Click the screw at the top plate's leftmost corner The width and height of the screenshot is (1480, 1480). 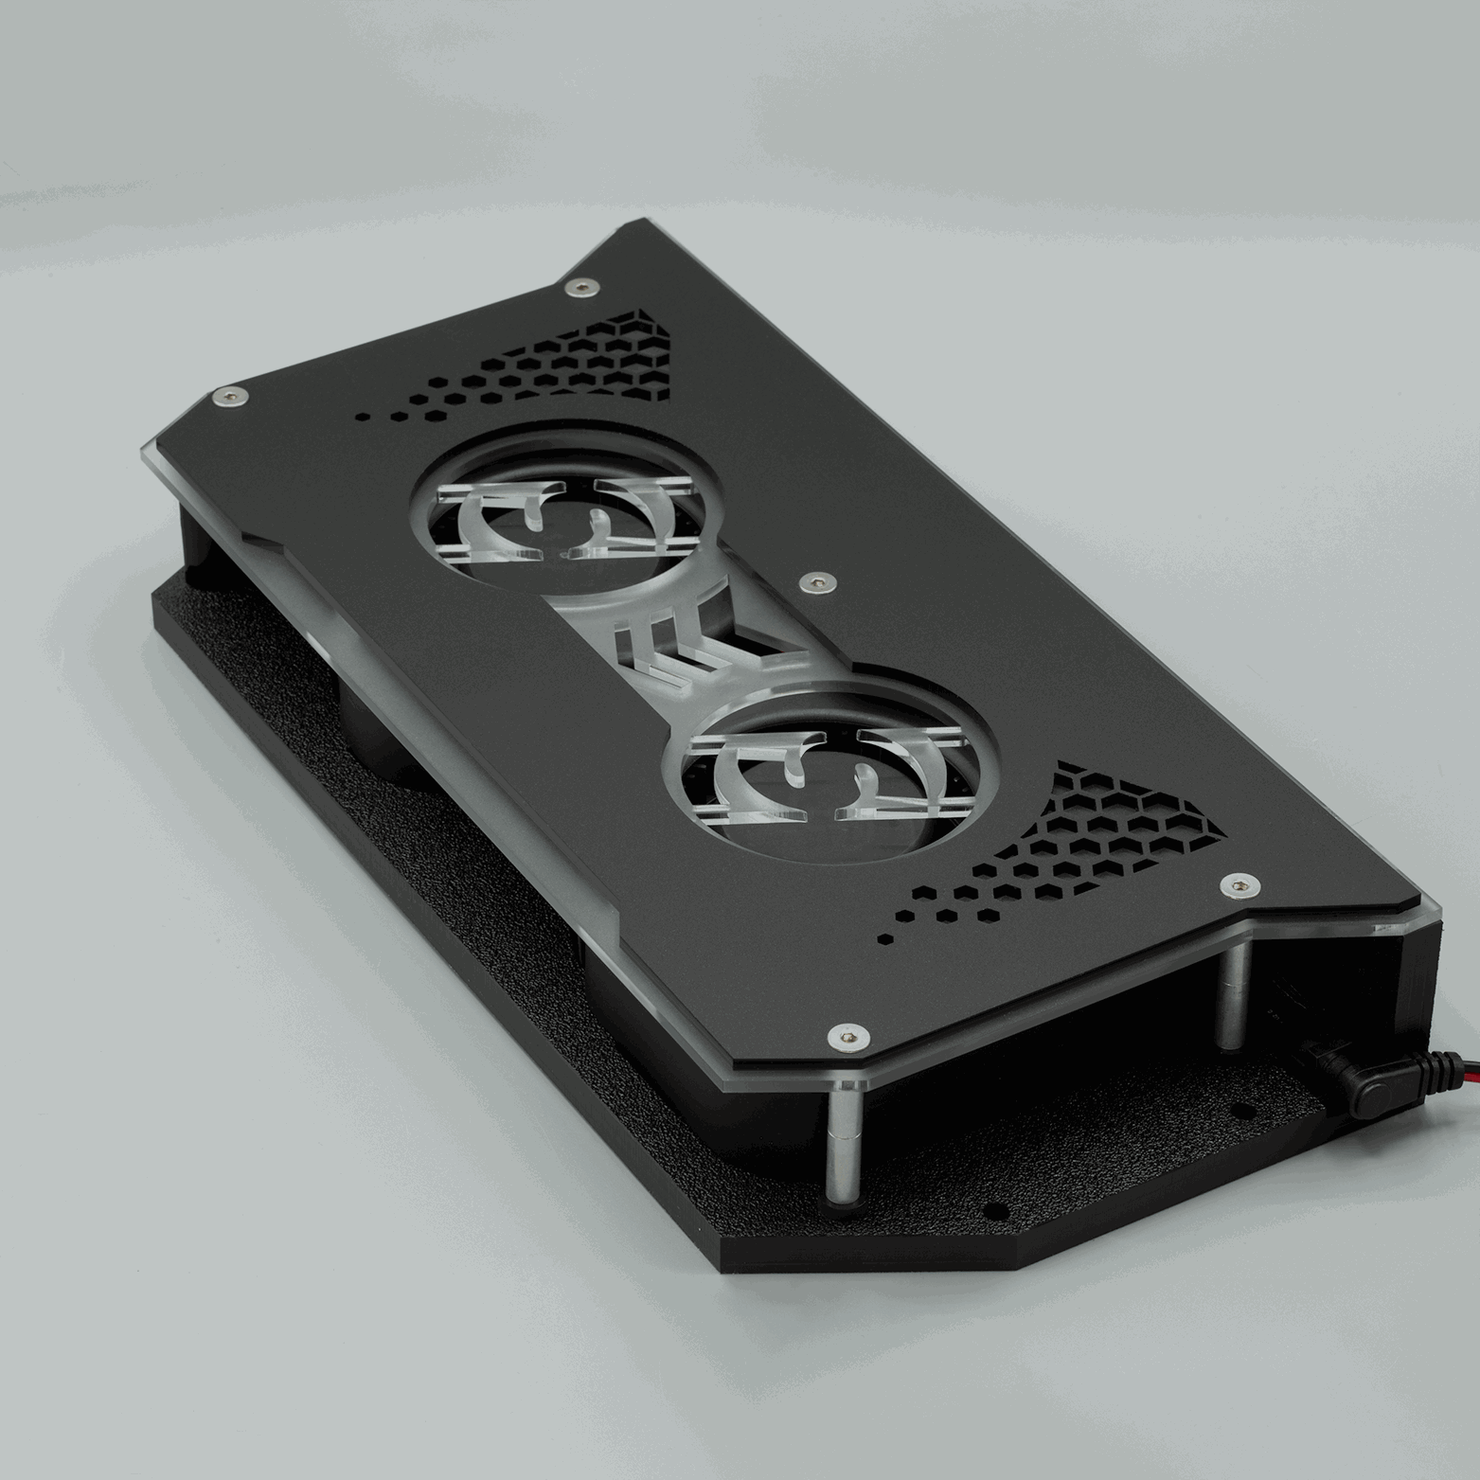pyautogui.click(x=228, y=395)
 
